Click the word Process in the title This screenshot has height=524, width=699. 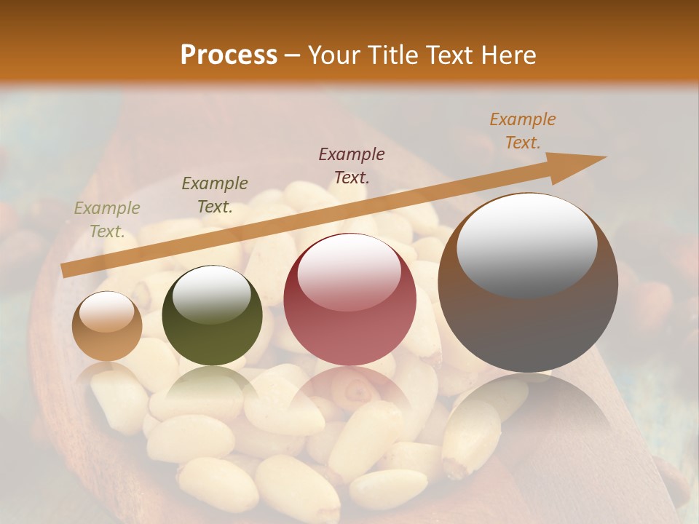[229, 55]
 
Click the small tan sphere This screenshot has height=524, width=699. [107, 326]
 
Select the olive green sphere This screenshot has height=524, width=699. [212, 315]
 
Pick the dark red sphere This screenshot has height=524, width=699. [350, 299]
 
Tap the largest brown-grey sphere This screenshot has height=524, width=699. [528, 282]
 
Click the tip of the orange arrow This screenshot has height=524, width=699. [605, 157]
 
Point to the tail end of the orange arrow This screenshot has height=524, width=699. [63, 271]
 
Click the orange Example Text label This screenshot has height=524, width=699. [522, 131]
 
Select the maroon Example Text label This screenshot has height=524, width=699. [352, 165]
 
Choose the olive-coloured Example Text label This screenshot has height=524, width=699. [215, 194]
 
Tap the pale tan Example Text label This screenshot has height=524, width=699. [107, 219]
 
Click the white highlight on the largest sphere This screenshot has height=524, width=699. [526, 245]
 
